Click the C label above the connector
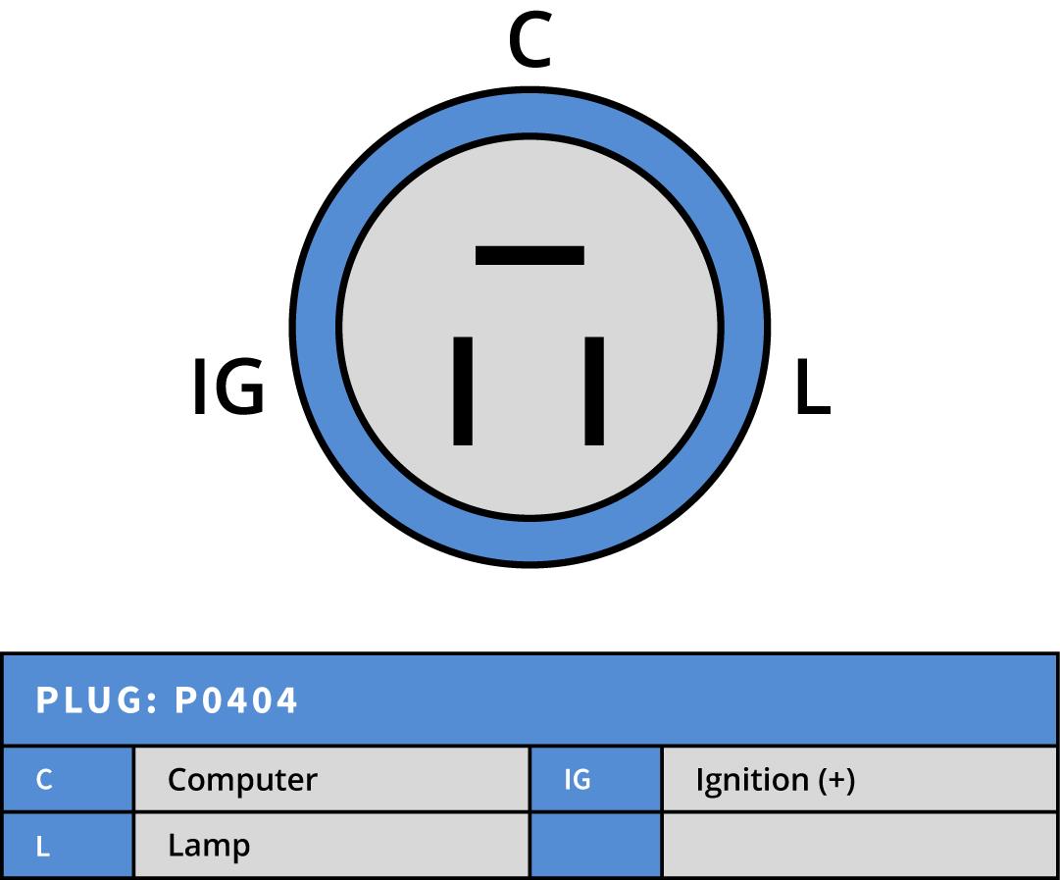[530, 44]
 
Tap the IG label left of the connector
[227, 388]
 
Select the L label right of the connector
[812, 388]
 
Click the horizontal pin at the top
[530, 255]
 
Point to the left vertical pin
[463, 390]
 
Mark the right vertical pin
[594, 390]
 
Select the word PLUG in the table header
[89, 700]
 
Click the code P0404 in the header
[235, 700]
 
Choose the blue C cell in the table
[67, 780]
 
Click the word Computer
[242, 780]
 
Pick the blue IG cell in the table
[595, 780]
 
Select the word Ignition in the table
[752, 780]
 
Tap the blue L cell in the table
[67, 846]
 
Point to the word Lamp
[208, 846]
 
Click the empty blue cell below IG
[595, 846]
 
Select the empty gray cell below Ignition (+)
[860, 846]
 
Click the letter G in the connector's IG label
[240, 388]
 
